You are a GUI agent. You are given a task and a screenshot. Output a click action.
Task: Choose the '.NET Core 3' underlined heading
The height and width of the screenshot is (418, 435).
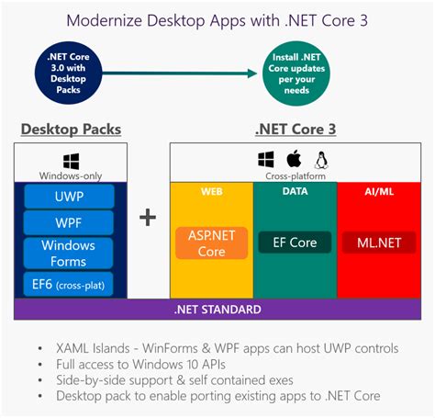pyautogui.click(x=295, y=130)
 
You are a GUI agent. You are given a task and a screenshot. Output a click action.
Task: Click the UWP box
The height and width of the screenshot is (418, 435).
pyautogui.click(x=70, y=196)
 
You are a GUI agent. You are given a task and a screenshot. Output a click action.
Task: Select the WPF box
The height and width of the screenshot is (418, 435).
pyautogui.click(x=70, y=222)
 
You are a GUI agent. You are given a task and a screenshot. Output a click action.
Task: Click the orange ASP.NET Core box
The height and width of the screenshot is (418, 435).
pyautogui.click(x=211, y=243)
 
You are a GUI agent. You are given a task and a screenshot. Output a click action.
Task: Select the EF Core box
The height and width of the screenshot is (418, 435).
pyautogui.click(x=295, y=243)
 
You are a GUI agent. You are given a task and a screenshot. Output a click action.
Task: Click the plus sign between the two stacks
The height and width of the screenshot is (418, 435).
pyautogui.click(x=148, y=217)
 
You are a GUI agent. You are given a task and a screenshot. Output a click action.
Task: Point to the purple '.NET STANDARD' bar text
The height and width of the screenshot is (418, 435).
pyautogui.click(x=217, y=310)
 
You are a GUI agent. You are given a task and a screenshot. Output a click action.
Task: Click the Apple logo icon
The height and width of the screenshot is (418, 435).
pyautogui.click(x=295, y=158)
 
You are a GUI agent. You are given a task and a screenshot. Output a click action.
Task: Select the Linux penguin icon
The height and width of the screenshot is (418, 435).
pyautogui.click(x=322, y=158)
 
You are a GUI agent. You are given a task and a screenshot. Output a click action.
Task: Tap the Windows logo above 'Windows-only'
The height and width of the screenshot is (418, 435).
pyautogui.click(x=70, y=160)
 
